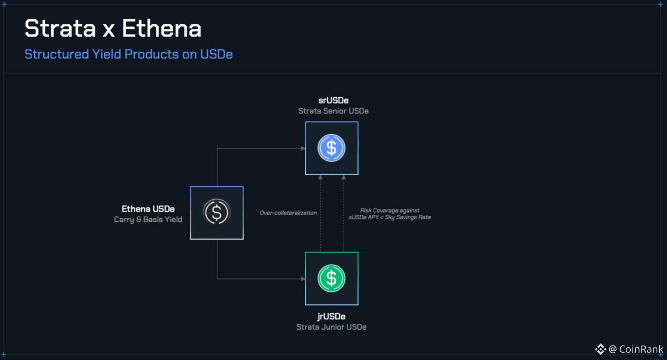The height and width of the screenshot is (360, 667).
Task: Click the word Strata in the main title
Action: click(60, 29)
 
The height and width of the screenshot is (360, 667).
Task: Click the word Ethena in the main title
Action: click(161, 29)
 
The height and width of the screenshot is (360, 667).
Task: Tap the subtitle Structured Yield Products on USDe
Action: click(128, 54)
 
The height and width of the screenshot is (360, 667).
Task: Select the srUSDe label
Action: click(333, 101)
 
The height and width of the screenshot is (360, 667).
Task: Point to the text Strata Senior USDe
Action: click(333, 111)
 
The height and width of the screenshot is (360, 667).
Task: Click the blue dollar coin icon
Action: click(331, 148)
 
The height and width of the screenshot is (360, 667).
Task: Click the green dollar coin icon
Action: click(331, 279)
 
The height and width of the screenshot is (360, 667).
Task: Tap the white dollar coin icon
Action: click(217, 212)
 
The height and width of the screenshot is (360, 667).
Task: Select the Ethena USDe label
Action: click(148, 209)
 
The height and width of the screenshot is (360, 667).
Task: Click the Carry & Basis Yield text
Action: click(148, 219)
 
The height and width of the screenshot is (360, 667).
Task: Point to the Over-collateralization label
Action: click(288, 213)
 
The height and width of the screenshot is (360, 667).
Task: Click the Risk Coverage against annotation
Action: click(390, 211)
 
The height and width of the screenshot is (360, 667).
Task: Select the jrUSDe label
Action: click(331, 317)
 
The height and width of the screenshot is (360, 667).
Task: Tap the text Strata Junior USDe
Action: click(331, 327)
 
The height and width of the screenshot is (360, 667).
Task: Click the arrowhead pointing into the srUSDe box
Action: click(303, 148)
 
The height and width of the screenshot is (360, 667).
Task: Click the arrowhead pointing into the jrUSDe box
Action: click(303, 279)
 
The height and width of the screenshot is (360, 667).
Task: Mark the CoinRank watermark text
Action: click(641, 349)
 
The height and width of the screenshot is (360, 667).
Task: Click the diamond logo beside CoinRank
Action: click(600, 349)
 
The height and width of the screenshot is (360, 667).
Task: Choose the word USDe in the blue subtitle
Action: click(216, 54)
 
